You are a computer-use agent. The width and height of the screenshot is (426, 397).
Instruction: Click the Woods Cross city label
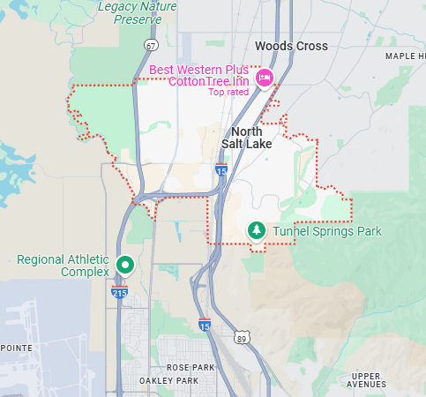point(290,46)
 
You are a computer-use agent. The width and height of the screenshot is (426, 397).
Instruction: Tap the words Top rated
point(228,92)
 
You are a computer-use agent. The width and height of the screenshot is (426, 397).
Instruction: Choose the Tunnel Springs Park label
point(326,231)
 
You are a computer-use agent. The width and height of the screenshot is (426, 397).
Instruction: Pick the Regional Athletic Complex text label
point(63,266)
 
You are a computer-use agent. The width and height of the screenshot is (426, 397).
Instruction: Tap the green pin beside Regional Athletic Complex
point(125,264)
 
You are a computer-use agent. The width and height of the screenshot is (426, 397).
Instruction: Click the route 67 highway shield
point(152,46)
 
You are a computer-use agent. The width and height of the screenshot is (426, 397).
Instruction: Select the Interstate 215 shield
point(118,292)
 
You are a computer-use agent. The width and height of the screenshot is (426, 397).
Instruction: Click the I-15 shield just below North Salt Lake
point(221,168)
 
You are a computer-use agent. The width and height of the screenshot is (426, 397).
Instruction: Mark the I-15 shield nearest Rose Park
point(205,326)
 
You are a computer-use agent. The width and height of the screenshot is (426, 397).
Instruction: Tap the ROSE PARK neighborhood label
point(190,367)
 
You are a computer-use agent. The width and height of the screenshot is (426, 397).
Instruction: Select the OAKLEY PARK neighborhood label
point(168,380)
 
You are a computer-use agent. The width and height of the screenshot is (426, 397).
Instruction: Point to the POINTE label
point(16,348)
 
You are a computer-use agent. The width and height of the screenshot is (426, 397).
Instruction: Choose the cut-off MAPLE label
point(405,56)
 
